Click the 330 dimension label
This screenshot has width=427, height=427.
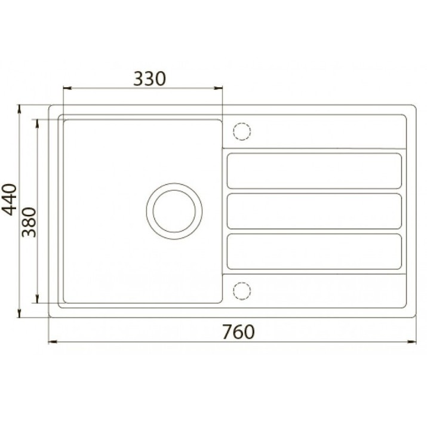[x=149, y=79]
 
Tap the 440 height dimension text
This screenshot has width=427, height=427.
[x=10, y=199]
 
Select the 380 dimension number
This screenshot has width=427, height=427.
[x=29, y=222]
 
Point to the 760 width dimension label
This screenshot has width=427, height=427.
[x=238, y=332]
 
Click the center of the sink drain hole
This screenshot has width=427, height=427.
[x=174, y=211]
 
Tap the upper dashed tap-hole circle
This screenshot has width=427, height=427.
[x=242, y=131]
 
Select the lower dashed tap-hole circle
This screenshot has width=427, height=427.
[x=242, y=291]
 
